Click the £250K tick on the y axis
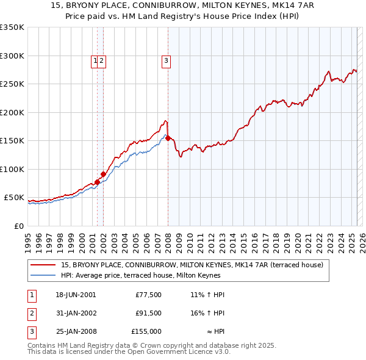pyautogui.click(x=12, y=84)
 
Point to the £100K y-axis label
pyautogui.click(x=12, y=169)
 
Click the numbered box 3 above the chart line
pyautogui.click(x=166, y=60)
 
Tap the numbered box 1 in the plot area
pyautogui.click(x=96, y=60)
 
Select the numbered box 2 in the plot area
pyautogui.click(x=102, y=60)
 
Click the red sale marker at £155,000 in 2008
pyautogui.click(x=168, y=138)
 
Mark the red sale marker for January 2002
pyautogui.click(x=104, y=174)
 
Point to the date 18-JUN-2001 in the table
pyautogui.click(x=76, y=295)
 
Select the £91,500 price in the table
pyautogui.click(x=148, y=313)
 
